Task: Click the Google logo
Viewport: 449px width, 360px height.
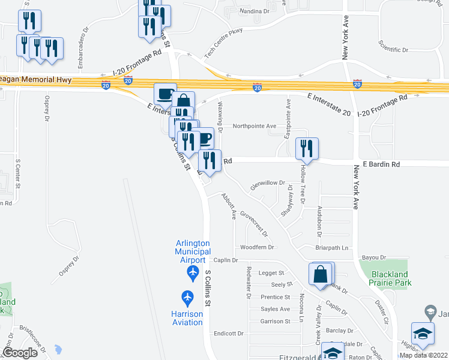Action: (20, 352)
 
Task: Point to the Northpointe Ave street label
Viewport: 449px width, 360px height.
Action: (255, 126)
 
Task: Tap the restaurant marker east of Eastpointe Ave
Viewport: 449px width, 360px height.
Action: (307, 149)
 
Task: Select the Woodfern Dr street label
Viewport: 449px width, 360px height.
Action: (257, 247)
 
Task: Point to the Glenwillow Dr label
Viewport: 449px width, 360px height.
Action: (267, 183)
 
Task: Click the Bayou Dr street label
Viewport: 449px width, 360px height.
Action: (373, 257)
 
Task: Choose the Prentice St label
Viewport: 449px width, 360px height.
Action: (276, 297)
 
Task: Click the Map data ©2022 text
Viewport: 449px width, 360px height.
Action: (423, 355)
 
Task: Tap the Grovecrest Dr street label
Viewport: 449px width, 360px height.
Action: (253, 223)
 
